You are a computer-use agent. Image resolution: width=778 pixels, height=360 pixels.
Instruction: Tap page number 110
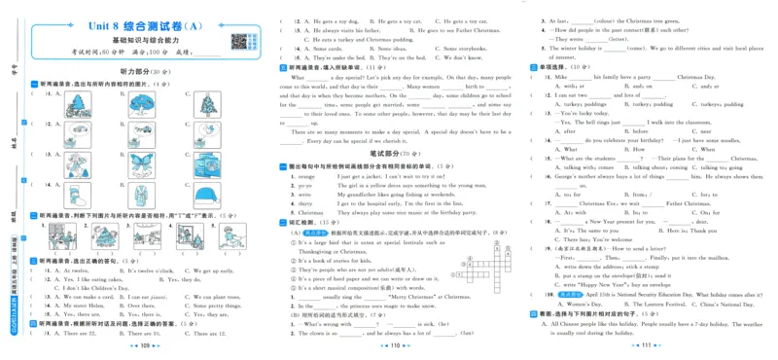[389, 344]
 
